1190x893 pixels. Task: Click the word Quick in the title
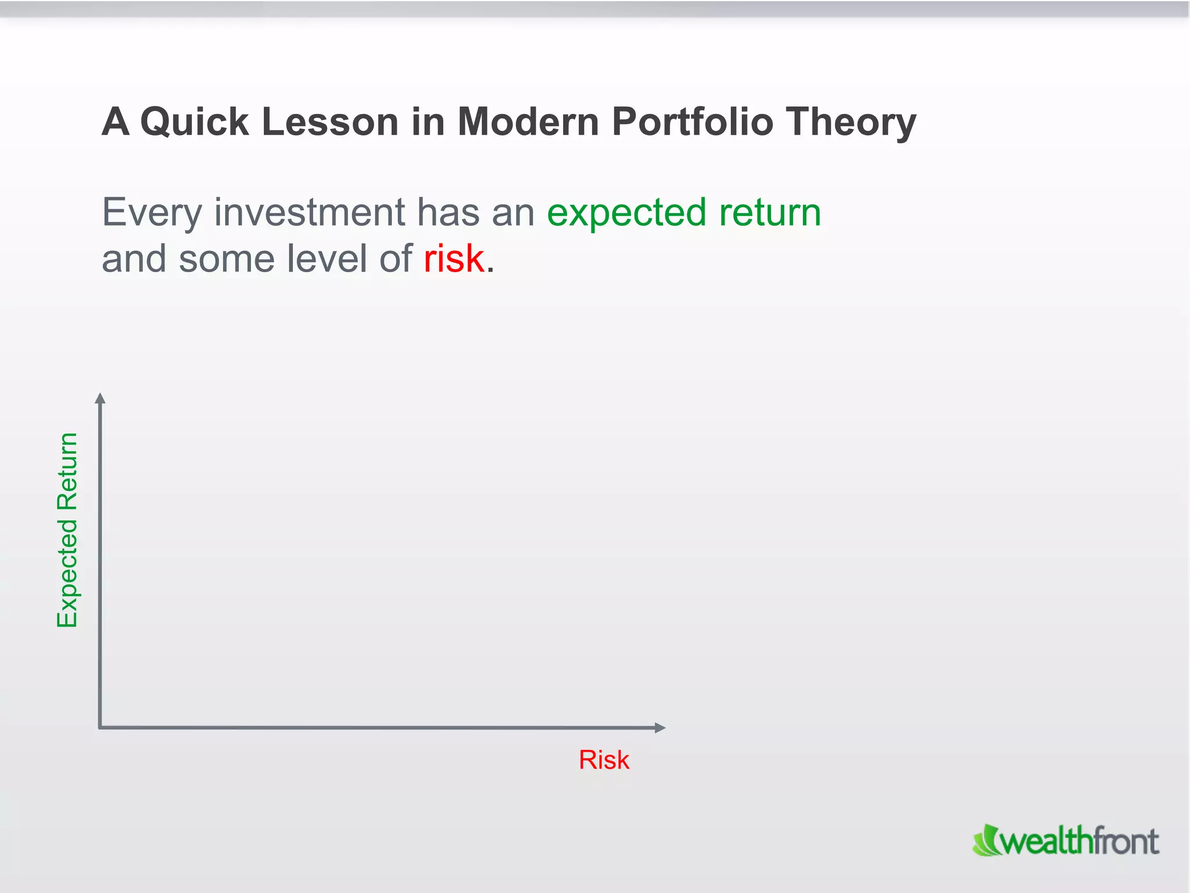tap(195, 122)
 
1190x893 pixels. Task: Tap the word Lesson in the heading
tap(330, 122)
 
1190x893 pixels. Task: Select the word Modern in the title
tap(528, 122)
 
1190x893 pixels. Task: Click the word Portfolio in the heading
tap(692, 122)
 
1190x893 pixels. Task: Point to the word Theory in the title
tap(851, 123)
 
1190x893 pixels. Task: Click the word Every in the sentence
tap(152, 213)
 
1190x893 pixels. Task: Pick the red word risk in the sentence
tap(454, 259)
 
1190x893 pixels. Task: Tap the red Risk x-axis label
tap(604, 760)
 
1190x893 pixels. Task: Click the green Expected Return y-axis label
tap(67, 530)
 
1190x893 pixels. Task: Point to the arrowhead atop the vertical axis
tap(100, 398)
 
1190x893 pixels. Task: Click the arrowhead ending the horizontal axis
tap(660, 727)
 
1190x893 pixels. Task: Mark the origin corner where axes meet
tap(101, 727)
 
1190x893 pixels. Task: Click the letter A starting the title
tap(115, 122)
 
